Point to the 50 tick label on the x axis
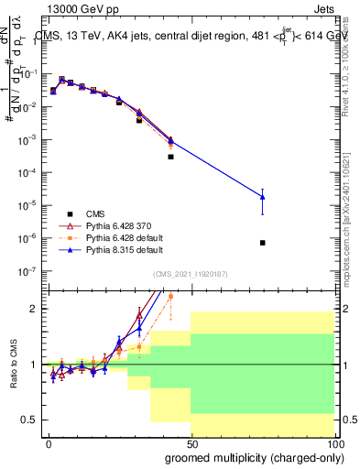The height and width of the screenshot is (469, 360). point(191,443)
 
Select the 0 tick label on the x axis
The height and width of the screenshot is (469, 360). point(48,443)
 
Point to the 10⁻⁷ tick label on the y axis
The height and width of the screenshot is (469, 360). point(30,271)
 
